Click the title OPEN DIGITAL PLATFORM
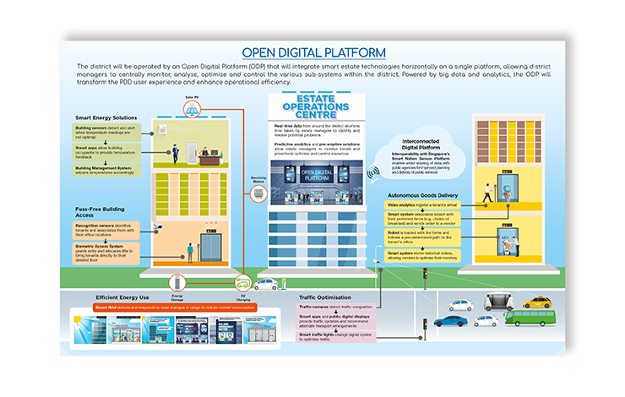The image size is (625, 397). (x=313, y=52)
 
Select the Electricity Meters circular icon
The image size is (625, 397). (x=260, y=192)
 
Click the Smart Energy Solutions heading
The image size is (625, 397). (x=106, y=118)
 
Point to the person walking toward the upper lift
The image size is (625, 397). (x=486, y=193)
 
